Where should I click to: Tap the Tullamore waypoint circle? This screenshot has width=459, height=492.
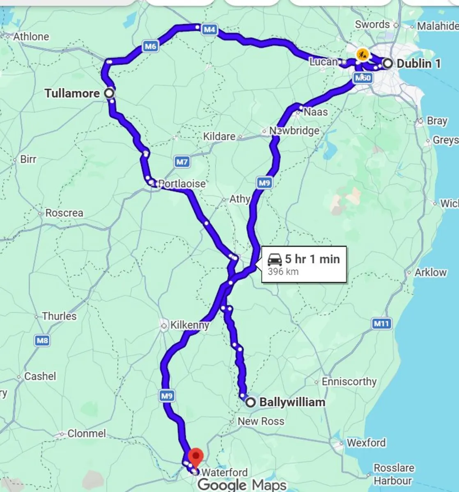point(109,93)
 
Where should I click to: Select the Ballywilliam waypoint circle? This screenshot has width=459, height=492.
point(250,402)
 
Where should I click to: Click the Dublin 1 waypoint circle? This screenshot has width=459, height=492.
point(387,63)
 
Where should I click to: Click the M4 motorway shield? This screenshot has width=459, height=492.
point(209,30)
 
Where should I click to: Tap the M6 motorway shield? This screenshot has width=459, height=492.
point(151,46)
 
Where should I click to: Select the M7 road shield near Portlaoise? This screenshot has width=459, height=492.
point(182,162)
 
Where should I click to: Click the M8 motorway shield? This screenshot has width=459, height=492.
point(42,340)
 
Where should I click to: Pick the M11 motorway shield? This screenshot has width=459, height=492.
point(381,324)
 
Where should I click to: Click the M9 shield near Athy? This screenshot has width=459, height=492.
point(265,182)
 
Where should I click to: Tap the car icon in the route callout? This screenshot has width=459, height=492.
point(275,259)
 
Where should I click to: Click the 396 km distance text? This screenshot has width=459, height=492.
point(283,271)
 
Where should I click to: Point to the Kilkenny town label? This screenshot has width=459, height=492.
point(189,326)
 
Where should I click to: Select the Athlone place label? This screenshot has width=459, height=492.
point(31,36)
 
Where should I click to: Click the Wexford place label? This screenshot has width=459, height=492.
point(366,443)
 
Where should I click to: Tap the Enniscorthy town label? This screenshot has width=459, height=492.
point(349,382)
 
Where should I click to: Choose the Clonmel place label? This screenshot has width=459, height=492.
point(86,433)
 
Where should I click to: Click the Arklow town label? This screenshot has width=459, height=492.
point(430,272)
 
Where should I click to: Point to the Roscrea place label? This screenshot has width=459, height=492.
point(64,213)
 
